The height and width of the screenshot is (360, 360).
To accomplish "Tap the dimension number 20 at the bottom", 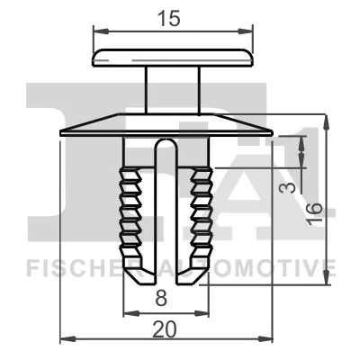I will pyautogui.click(x=164, y=329).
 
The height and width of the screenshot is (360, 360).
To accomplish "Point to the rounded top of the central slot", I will pyautogui.click(x=166, y=146).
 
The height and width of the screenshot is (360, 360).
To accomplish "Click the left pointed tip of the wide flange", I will pyautogui.click(x=61, y=132).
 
